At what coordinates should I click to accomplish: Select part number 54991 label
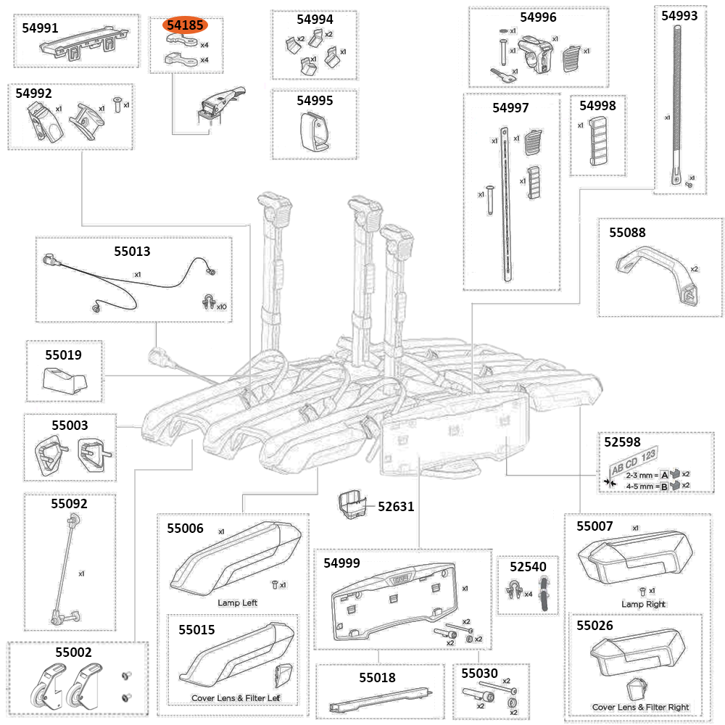coord(41,28)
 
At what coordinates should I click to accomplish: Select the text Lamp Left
coord(237,602)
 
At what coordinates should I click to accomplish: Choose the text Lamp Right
coord(643,604)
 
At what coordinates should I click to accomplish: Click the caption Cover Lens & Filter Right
coord(640,707)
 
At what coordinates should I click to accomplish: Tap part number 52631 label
coord(395,506)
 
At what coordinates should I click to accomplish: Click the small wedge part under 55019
coord(65,379)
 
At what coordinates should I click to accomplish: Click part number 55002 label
coord(73,652)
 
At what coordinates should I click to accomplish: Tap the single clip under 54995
coord(314,132)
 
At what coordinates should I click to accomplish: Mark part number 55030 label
coord(480,674)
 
